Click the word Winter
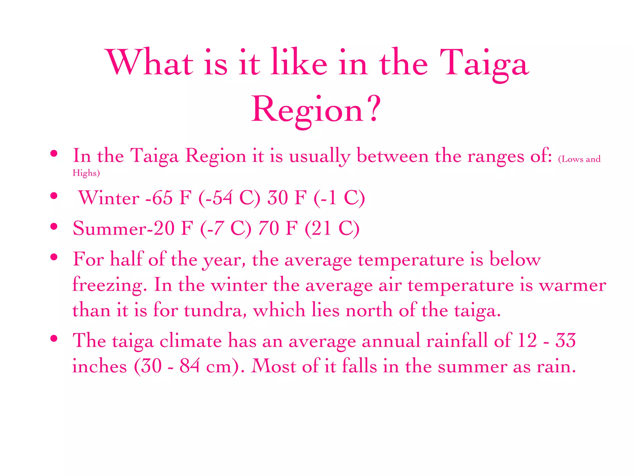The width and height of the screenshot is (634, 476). pos(109,198)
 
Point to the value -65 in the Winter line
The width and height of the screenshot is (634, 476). pos(159,198)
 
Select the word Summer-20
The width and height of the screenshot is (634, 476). pos(124,228)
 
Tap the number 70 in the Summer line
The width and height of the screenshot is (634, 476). pos(268,228)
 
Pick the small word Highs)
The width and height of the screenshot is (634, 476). pos(86,173)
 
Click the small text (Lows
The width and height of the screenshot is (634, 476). pos(571,159)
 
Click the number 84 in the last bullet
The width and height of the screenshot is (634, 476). pos(189,366)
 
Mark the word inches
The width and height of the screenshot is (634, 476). pos(99,366)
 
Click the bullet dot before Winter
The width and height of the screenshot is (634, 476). pos(54,196)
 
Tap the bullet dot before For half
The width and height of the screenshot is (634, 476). pos(54,257)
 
